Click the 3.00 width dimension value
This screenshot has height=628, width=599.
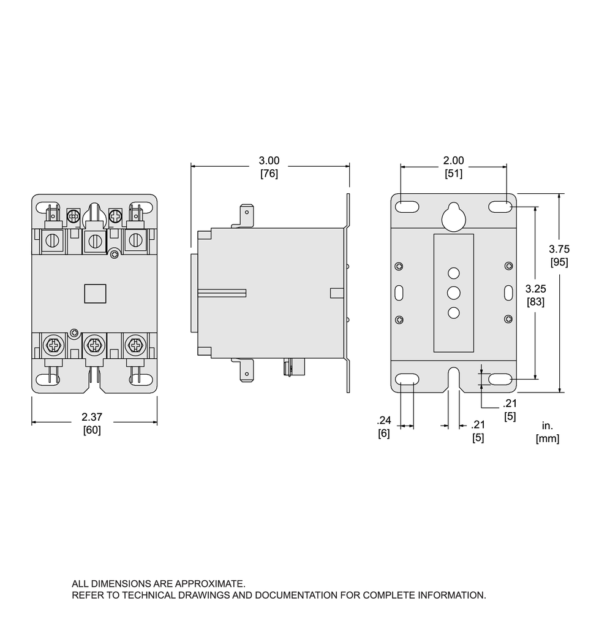coord(269,161)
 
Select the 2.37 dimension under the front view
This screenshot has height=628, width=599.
coord(92,417)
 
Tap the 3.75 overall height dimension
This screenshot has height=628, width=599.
coord(559,249)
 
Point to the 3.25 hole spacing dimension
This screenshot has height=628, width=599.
coord(536,288)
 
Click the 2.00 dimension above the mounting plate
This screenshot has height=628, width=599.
coord(453,161)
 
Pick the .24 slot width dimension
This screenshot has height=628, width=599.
coord(383,421)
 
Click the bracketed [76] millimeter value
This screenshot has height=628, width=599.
coord(269,174)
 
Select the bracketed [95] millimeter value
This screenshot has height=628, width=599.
coord(559,262)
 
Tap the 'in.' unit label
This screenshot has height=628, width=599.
coord(547,426)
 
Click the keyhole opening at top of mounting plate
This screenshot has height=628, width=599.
coord(453,216)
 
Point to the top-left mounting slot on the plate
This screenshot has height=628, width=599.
coord(407,207)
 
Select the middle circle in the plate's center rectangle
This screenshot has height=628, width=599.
coord(453,292)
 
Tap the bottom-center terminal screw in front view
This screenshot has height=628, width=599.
coord(94,346)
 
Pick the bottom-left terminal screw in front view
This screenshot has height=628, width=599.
coord(54,346)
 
